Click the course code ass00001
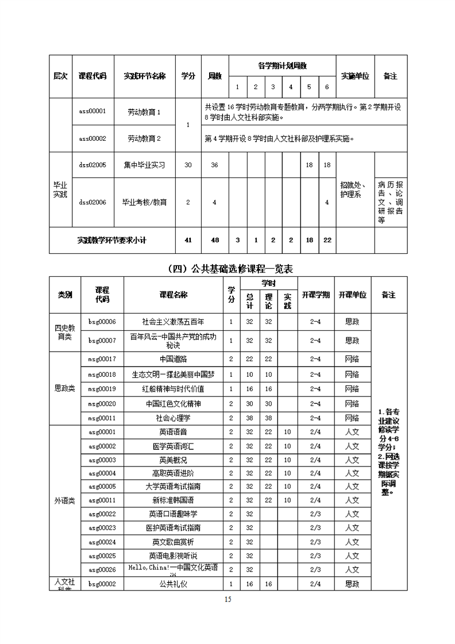tap(92, 112)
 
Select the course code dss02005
tap(92, 165)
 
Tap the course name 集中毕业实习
tap(144, 165)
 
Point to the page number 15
tap(227, 599)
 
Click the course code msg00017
tap(102, 359)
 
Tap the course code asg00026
tap(102, 569)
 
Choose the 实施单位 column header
tap(355, 76)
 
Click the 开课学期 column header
tap(315, 295)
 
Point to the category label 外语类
tap(64, 500)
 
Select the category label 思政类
tap(64, 389)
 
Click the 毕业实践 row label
tap(60, 190)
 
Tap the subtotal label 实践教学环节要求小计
tap(112, 240)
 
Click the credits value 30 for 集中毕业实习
tap(188, 165)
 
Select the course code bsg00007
tap(102, 341)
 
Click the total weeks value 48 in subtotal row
tap(215, 240)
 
